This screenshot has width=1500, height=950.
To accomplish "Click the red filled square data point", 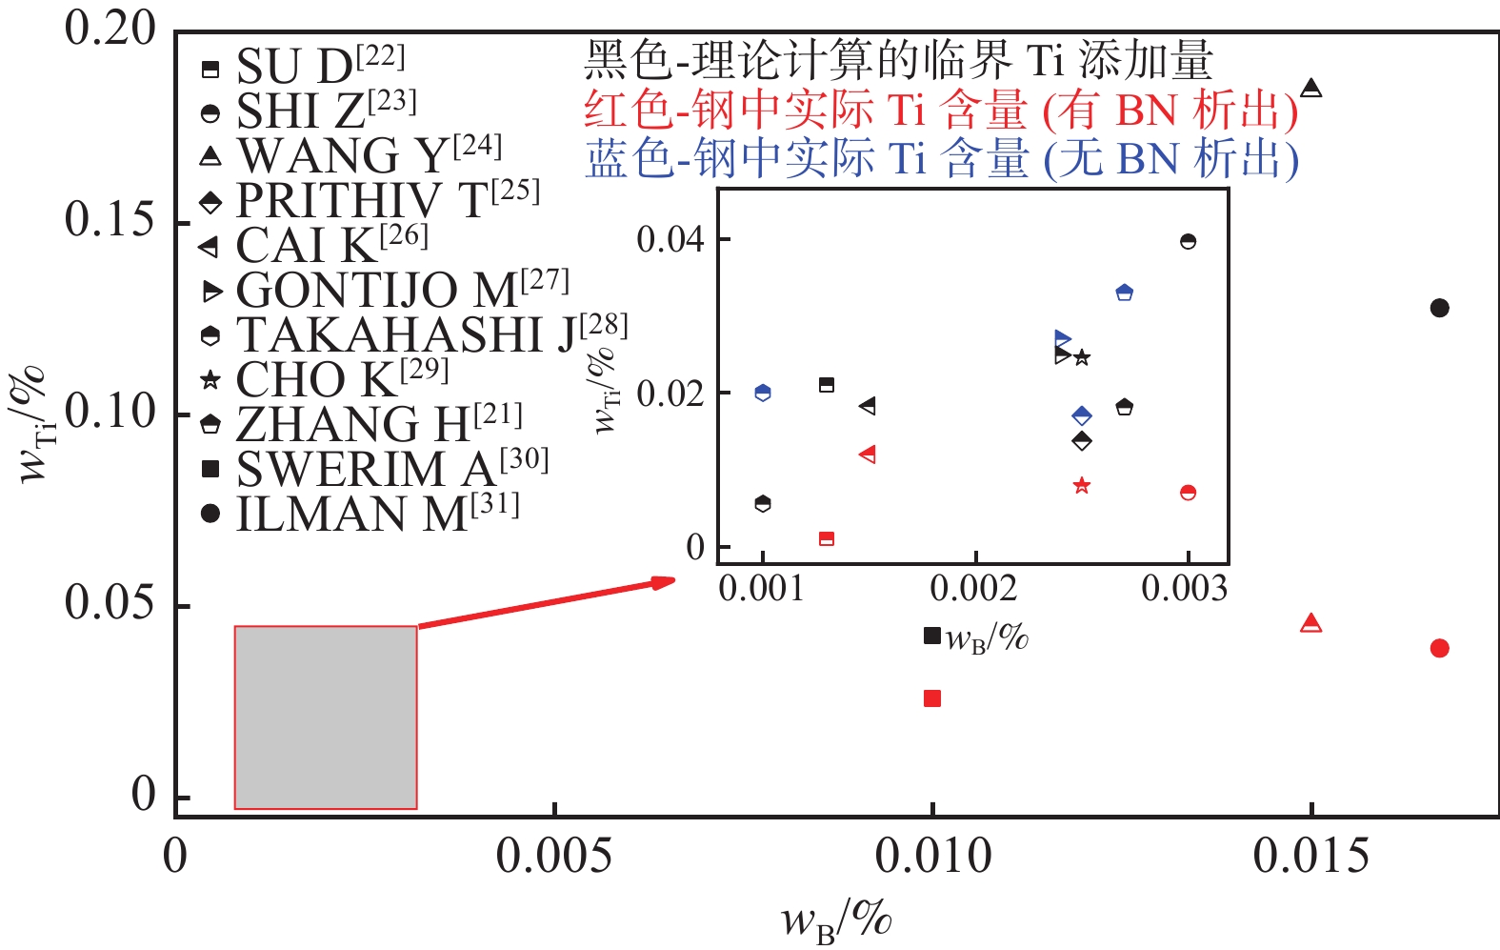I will click(x=932, y=698).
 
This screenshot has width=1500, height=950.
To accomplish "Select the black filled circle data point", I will click(x=1439, y=308).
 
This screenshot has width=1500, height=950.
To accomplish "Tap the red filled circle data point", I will click(x=1439, y=648).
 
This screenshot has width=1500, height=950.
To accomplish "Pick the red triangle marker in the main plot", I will click(x=1311, y=624).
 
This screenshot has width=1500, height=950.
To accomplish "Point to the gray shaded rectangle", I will click(x=326, y=718).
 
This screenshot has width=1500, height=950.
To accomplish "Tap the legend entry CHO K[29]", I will click(x=324, y=379).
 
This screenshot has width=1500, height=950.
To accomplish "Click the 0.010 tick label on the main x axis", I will click(x=932, y=857).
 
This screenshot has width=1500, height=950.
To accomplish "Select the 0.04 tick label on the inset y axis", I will click(x=670, y=238).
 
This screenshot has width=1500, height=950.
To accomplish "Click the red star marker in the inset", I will click(x=1081, y=486).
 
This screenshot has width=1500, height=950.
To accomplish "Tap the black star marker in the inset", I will click(x=1082, y=357).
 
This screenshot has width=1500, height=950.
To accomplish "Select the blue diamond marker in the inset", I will click(x=1082, y=415).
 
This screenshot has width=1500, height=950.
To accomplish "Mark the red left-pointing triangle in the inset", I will click(x=868, y=455).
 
